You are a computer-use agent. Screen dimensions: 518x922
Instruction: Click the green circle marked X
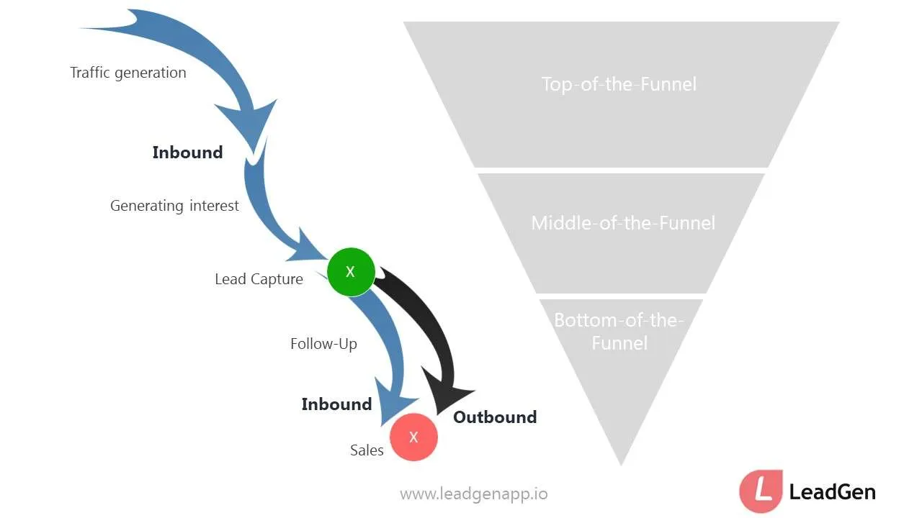pyautogui.click(x=351, y=272)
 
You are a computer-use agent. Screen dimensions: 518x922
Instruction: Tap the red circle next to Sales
pyautogui.click(x=413, y=437)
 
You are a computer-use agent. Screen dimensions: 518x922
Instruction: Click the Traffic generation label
pyautogui.click(x=128, y=73)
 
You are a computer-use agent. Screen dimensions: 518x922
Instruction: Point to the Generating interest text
pyautogui.click(x=174, y=206)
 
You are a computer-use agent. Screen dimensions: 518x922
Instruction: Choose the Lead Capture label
pyautogui.click(x=259, y=279)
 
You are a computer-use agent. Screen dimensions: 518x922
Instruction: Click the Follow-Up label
pyautogui.click(x=323, y=344)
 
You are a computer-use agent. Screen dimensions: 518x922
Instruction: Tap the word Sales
pyautogui.click(x=367, y=450)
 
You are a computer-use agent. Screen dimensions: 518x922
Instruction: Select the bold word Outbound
pyautogui.click(x=495, y=417)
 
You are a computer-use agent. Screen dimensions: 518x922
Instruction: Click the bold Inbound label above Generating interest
pyautogui.click(x=187, y=153)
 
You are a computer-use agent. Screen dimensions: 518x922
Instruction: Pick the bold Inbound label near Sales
pyautogui.click(x=336, y=404)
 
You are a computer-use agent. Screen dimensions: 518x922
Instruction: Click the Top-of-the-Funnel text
pyautogui.click(x=619, y=84)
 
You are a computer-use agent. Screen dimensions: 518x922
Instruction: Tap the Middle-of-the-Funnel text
pyautogui.click(x=623, y=223)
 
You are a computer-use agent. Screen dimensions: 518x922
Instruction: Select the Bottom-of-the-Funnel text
pyautogui.click(x=619, y=332)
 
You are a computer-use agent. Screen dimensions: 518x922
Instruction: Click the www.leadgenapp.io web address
pyautogui.click(x=473, y=494)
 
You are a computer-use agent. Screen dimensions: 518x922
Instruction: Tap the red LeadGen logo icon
pyautogui.click(x=761, y=491)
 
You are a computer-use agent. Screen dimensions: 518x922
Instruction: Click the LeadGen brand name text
pyautogui.click(x=833, y=492)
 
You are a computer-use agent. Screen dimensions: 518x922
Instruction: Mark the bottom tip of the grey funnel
pyautogui.click(x=621, y=463)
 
